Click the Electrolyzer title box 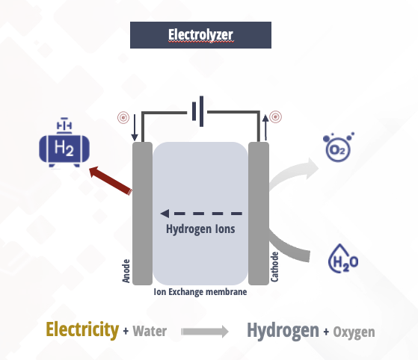[x=200, y=35]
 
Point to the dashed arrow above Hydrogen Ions [x=202, y=214]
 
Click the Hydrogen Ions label [x=200, y=229]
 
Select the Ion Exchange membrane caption [x=200, y=292]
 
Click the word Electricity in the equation [x=82, y=329]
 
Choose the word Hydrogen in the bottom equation [x=282, y=330]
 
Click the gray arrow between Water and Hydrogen [x=204, y=331]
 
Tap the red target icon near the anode [x=123, y=117]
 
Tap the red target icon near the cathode [x=276, y=117]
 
